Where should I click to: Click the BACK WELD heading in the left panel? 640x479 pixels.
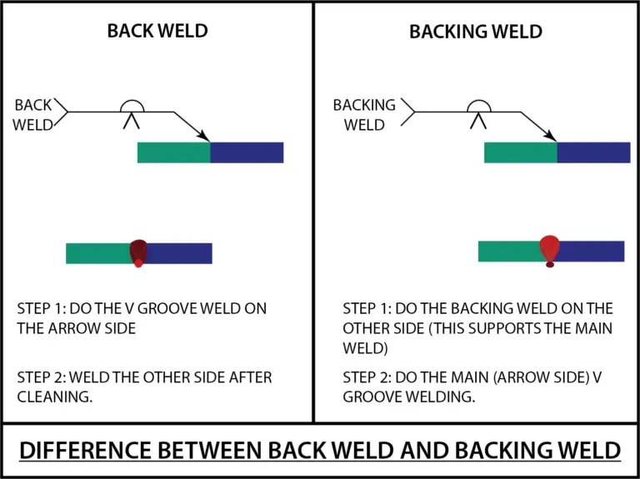pyautogui.click(x=157, y=32)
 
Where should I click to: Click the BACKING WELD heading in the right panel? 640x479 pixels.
pyautogui.click(x=475, y=32)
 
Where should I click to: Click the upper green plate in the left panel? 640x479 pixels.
pyautogui.click(x=173, y=152)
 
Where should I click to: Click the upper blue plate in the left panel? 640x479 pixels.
pyautogui.click(x=247, y=152)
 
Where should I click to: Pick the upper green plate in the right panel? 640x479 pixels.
pyautogui.click(x=520, y=152)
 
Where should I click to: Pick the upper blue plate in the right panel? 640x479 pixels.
pyautogui.click(x=593, y=152)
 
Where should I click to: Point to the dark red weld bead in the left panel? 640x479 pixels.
pyautogui.click(x=138, y=251)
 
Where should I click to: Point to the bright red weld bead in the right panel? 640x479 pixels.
pyautogui.click(x=549, y=247)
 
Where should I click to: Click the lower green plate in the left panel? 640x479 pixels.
pyautogui.click(x=97, y=253)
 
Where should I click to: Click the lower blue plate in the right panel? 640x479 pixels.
pyautogui.click(x=593, y=251)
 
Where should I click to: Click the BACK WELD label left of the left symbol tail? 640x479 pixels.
pyautogui.click(x=33, y=116)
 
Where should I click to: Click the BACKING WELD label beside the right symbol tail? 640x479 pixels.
pyautogui.click(x=364, y=116)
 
